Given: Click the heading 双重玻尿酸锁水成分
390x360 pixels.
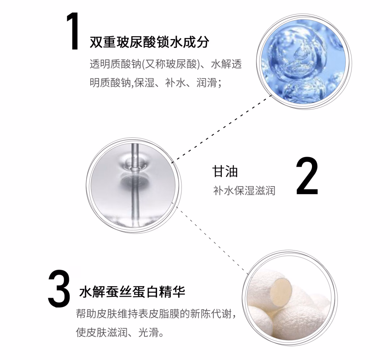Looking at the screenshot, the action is [149, 42].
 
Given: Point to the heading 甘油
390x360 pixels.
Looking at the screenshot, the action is [225, 171].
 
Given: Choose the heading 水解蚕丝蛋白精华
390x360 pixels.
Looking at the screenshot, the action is [132, 292].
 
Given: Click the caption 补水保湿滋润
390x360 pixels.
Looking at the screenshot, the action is [244, 191].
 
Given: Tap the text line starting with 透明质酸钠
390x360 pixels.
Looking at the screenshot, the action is [166, 64].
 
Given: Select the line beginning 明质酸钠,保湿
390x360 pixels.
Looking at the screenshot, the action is [156, 82].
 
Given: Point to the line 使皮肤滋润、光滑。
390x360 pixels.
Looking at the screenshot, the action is [120, 332].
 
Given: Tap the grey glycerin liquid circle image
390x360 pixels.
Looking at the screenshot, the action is [134, 186].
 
